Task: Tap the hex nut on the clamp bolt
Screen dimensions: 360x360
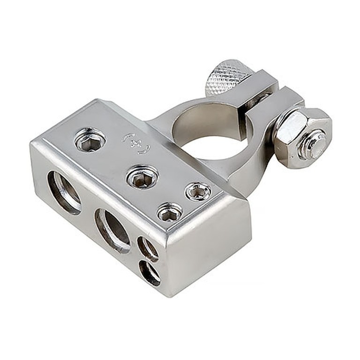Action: point(304,138)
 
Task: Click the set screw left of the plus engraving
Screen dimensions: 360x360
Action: point(90,140)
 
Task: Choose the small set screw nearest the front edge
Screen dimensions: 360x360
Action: point(170,212)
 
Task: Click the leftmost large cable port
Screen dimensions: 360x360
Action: point(64,192)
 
